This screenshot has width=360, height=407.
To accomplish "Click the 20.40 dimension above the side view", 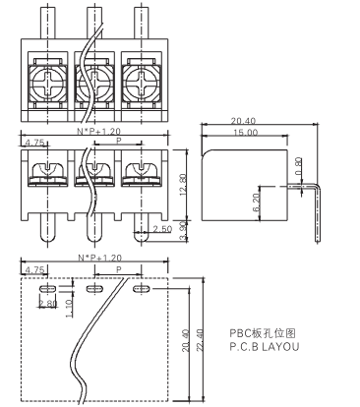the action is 243,121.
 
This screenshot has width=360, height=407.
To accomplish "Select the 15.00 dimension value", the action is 246,133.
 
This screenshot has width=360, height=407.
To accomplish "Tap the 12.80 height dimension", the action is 183,185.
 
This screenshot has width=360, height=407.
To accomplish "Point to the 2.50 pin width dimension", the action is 162,229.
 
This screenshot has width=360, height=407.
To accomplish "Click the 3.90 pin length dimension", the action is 184,231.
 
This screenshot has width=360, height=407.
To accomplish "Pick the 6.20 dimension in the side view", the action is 256,202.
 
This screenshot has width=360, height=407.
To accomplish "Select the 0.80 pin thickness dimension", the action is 298,166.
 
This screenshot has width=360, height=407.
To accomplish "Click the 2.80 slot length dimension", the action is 48,304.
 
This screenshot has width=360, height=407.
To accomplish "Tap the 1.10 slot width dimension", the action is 69,309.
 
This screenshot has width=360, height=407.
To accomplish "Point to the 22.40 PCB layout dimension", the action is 200,340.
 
